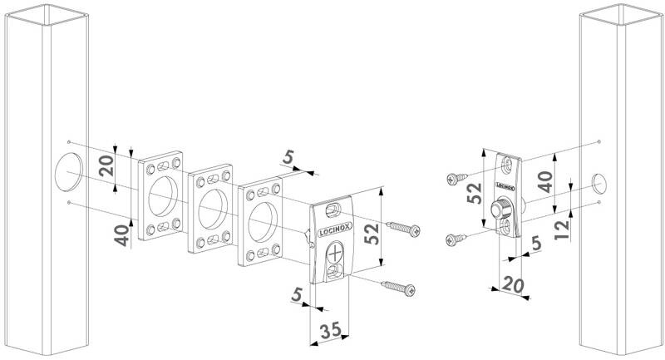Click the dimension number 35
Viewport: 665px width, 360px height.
331,329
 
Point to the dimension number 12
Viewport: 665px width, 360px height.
563,229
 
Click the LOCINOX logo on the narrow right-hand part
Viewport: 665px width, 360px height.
505,185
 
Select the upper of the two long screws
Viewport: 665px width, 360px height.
403,229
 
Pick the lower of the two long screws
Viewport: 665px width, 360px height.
398,288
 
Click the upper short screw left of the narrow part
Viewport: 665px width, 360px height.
456,179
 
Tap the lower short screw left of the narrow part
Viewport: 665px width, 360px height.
456,239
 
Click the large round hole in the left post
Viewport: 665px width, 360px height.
68,171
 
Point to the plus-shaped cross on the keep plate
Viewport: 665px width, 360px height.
335,254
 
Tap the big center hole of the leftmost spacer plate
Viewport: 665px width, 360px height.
163,196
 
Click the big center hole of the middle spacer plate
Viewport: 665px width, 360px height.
213,209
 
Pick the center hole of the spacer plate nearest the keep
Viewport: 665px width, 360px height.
263,222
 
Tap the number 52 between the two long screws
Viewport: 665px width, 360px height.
372,234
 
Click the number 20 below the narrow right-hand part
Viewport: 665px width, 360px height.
513,285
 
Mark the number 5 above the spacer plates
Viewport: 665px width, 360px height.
288,158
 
